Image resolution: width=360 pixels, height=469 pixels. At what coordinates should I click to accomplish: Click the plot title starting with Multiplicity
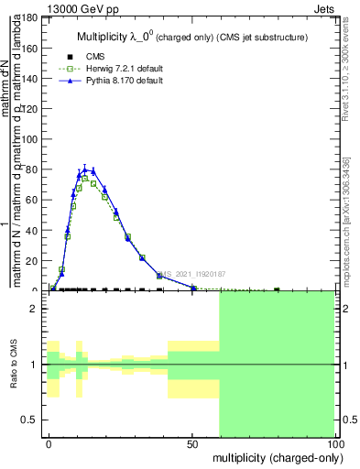click(x=190, y=37)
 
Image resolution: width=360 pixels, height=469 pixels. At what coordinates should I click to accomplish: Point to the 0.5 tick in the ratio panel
click(x=33, y=420)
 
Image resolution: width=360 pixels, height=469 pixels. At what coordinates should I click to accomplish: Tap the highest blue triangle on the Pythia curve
click(x=85, y=169)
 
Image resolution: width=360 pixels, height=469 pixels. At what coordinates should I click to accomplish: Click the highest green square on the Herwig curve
click(x=85, y=178)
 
